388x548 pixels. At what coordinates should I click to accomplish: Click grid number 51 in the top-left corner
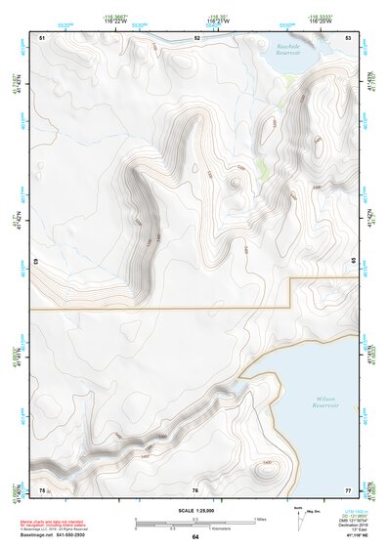click(x=42, y=37)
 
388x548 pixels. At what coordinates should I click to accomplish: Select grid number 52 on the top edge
click(x=196, y=37)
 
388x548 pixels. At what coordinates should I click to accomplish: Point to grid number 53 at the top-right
click(x=349, y=37)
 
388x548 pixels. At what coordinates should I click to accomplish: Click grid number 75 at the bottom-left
click(x=42, y=488)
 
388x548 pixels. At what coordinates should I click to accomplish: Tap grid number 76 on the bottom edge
click(x=195, y=489)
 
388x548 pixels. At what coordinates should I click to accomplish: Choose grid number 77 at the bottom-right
click(x=348, y=488)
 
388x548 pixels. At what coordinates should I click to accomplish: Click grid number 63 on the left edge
click(x=35, y=262)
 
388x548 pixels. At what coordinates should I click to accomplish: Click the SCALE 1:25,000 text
click(x=194, y=510)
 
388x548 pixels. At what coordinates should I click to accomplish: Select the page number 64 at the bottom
click(x=195, y=537)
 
